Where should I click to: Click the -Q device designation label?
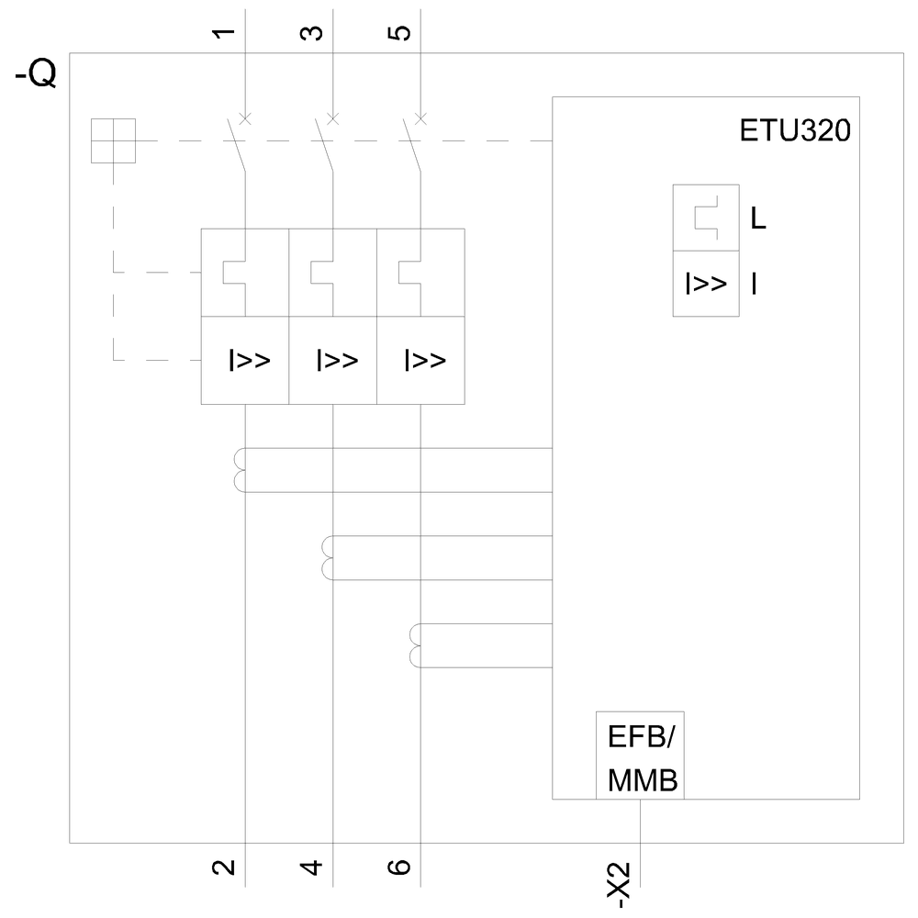click(x=36, y=73)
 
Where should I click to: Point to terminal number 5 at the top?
click(x=401, y=34)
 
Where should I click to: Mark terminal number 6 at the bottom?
click(x=401, y=866)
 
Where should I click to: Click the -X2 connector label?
click(x=622, y=885)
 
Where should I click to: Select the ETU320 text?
click(x=795, y=130)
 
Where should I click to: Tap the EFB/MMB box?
click(x=640, y=755)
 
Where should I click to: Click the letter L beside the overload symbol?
click(x=758, y=220)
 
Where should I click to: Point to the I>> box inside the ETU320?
click(x=706, y=284)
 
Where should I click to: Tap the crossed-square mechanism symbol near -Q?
click(x=113, y=140)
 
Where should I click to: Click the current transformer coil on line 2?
click(x=241, y=470)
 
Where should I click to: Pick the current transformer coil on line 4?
click(x=328, y=558)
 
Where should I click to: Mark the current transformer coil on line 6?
click(x=415, y=645)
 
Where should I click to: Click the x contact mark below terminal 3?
click(x=332, y=118)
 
